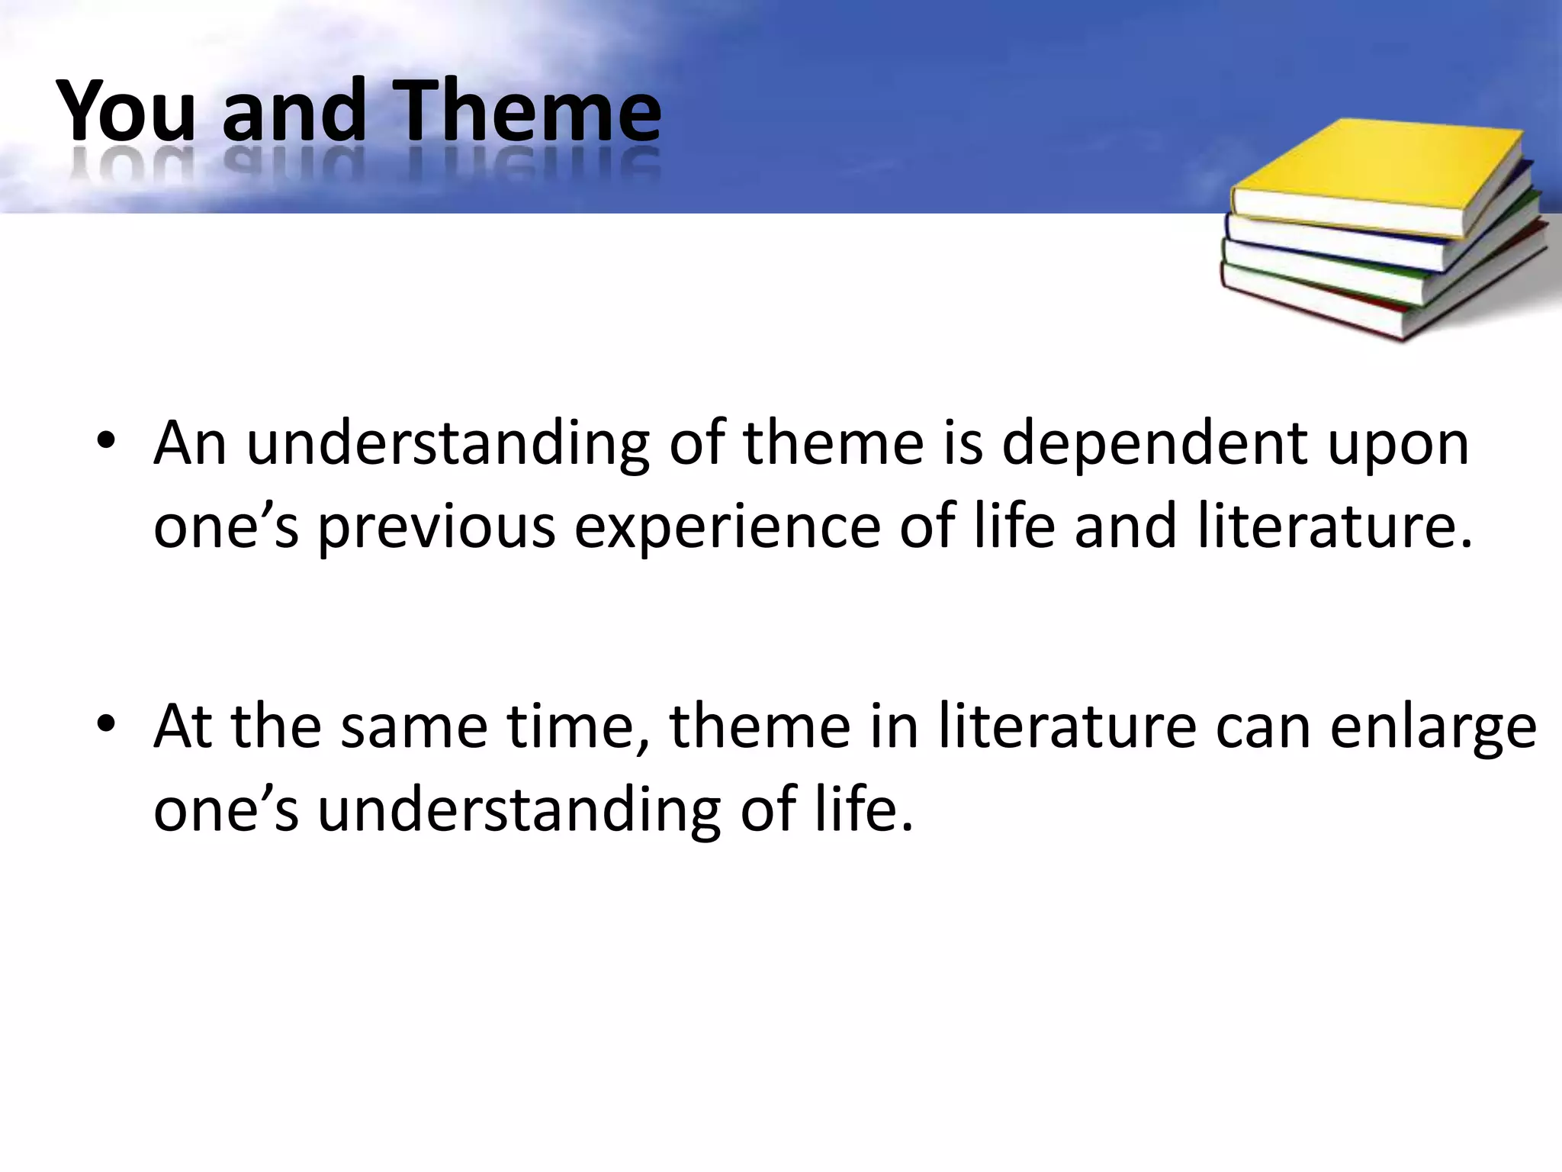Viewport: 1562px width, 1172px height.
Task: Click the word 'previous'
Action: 436,528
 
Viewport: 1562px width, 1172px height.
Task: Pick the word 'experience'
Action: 727,528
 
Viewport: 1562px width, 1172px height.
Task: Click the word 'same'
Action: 413,726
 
